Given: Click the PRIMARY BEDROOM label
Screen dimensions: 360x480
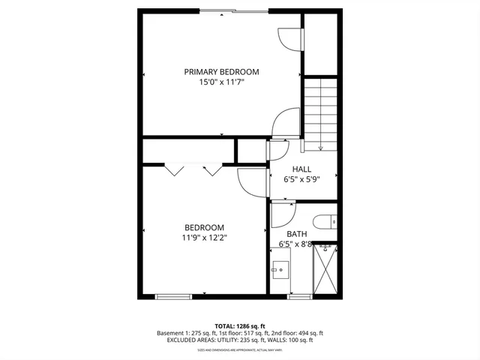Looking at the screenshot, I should coord(221,72).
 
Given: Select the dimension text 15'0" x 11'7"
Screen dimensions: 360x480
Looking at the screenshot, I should coord(221,82).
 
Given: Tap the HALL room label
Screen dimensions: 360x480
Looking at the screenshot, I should coord(301,169).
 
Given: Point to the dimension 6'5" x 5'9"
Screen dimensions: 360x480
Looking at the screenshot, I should coord(301,180).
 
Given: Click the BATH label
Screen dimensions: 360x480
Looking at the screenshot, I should coord(296,234).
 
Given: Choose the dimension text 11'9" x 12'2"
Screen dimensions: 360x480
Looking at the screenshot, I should coord(204,238).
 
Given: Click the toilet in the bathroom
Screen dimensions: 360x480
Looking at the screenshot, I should coord(325,223).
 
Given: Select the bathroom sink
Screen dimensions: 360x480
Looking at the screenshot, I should coord(281,268).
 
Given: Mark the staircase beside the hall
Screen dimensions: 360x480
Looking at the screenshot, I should coord(320,112).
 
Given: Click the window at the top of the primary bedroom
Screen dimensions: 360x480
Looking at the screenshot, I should coord(232,10).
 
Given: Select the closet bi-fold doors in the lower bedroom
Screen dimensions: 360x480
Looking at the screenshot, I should coord(193,169).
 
